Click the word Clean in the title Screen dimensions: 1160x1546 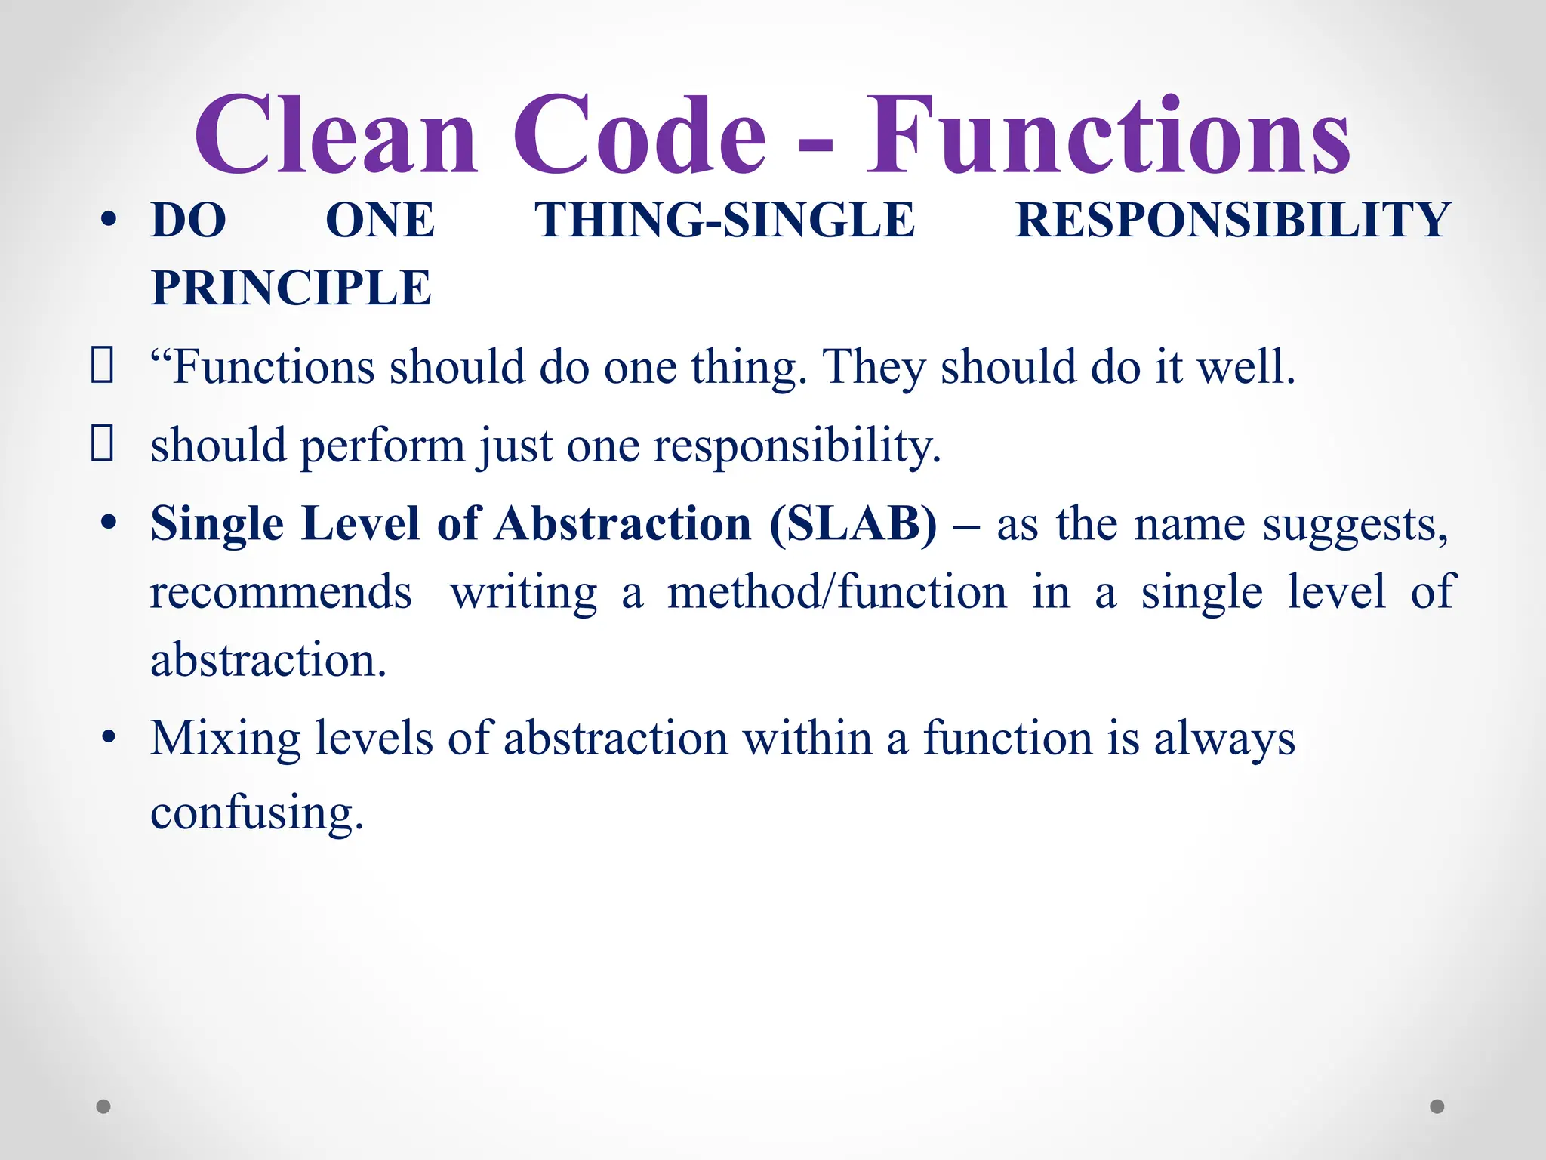click(336, 136)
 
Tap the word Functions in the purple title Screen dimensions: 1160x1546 click(1107, 136)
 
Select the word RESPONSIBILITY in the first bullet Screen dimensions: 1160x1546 click(1232, 221)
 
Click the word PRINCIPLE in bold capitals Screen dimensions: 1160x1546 click(291, 288)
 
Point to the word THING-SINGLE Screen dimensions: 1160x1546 click(725, 221)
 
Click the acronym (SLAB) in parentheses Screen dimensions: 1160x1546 click(853, 523)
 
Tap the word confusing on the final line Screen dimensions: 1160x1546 click(257, 814)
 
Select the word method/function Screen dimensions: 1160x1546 click(837, 592)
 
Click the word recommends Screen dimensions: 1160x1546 click(281, 592)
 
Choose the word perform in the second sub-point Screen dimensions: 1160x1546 click(383, 446)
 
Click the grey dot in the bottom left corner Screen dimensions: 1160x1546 click(103, 1106)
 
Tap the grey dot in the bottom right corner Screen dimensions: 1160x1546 click(1437, 1106)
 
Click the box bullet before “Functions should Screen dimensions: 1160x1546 click(102, 366)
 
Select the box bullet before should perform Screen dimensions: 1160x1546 click(102, 443)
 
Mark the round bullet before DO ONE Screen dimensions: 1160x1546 click(109, 221)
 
